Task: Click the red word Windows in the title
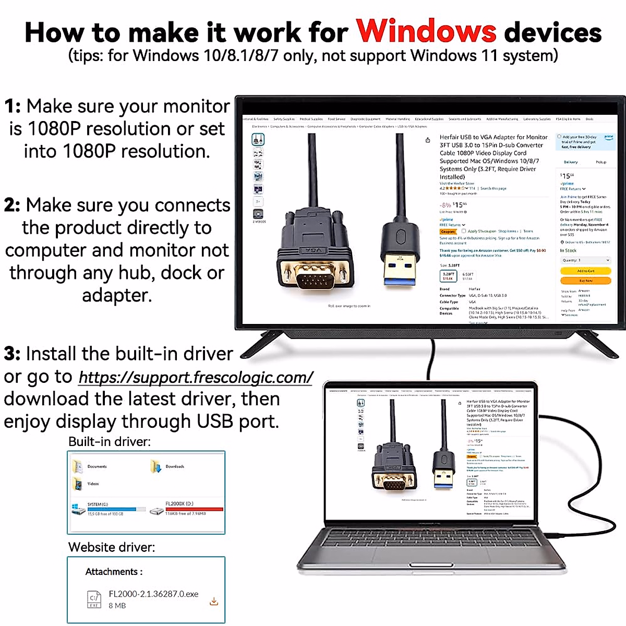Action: point(426,31)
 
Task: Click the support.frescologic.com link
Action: point(196,377)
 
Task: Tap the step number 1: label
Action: point(13,106)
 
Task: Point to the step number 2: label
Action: point(13,206)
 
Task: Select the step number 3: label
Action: point(13,354)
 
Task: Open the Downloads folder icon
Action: point(155,466)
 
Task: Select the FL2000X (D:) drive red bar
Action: point(194,509)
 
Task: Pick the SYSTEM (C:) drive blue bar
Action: point(112,509)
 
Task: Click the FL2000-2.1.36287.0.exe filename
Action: point(153,594)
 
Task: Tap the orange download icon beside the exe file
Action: point(214,601)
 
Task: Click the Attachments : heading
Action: point(114,572)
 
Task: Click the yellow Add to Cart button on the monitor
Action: point(585,271)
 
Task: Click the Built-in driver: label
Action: point(110,442)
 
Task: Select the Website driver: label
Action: point(112,547)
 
